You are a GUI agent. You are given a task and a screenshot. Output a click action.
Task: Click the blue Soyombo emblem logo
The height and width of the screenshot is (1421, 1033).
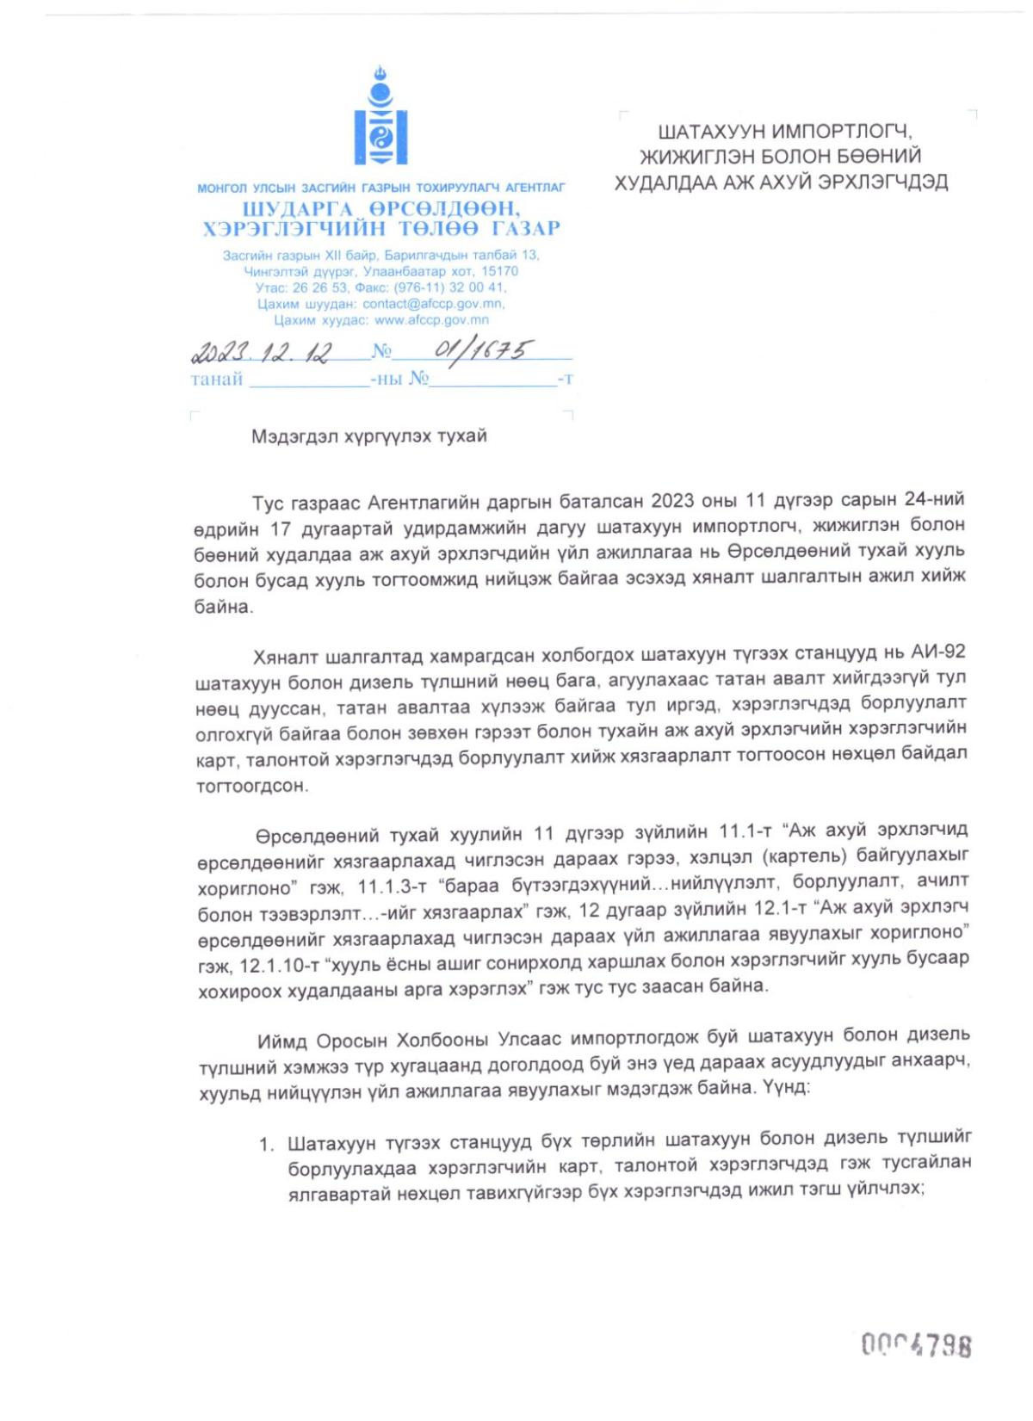[x=380, y=116]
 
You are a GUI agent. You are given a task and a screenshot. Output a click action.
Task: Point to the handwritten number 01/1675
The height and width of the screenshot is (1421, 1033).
[x=482, y=349]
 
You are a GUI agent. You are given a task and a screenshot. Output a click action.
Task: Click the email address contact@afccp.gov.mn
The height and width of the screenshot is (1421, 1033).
[x=433, y=304]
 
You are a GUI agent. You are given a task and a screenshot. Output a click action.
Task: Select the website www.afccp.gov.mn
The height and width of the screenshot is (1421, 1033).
[x=431, y=320]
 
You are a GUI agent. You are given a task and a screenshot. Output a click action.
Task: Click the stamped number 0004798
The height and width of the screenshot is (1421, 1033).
[x=916, y=1344]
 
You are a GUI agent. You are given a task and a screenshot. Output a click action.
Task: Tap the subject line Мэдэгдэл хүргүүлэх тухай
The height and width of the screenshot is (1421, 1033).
[x=368, y=436]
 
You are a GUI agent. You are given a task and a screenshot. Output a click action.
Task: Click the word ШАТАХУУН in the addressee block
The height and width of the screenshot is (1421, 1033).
[x=709, y=132]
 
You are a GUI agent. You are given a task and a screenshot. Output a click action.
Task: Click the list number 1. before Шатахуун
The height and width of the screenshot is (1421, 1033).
[x=267, y=1145]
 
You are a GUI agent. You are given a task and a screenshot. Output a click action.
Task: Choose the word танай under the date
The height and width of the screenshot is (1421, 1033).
[x=216, y=380]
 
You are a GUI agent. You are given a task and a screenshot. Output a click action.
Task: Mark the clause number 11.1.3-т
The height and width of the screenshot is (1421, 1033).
[x=392, y=887]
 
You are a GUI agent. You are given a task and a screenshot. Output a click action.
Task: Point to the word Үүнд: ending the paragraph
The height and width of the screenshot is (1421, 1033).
[x=786, y=1088]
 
